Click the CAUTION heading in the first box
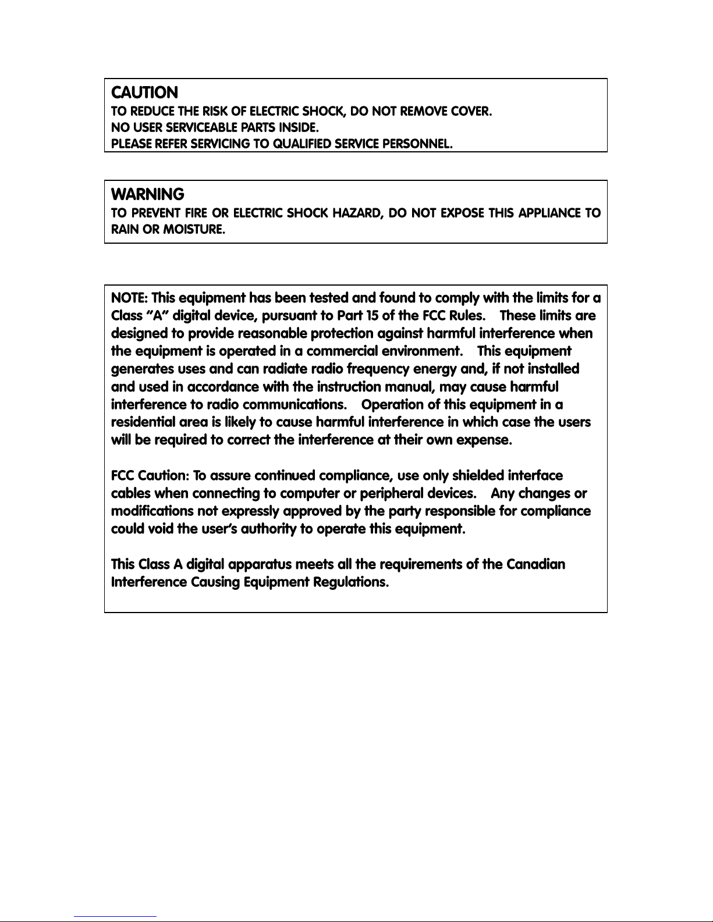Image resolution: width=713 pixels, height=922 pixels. click(x=144, y=92)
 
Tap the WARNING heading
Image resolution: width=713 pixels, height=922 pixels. click(x=147, y=194)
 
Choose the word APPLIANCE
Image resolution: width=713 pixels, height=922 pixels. click(x=550, y=213)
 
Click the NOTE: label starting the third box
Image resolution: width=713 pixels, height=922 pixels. click(x=129, y=298)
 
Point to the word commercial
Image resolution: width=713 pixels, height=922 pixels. click(x=342, y=351)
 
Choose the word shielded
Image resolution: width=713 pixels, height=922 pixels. click(x=477, y=476)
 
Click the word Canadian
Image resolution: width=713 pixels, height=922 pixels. click(x=535, y=565)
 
